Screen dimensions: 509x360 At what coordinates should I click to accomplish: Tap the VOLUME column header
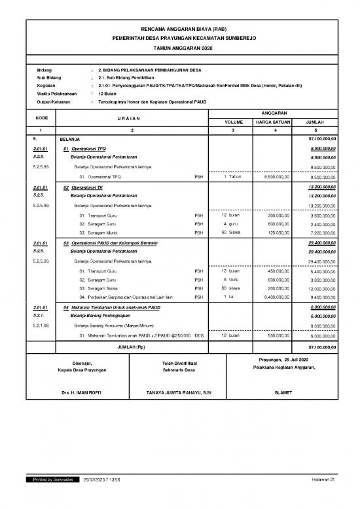pyautogui.click(x=234, y=122)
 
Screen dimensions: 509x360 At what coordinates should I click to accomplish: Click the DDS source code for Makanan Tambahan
pyautogui.click(x=199, y=335)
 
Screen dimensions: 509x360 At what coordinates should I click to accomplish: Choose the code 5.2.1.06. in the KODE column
pyautogui.click(x=43, y=325)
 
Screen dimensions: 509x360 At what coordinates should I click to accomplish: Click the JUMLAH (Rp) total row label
pyautogui.click(x=132, y=346)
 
